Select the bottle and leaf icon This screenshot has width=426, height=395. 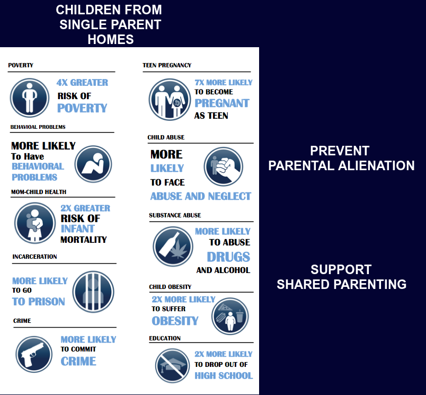pos(173,247)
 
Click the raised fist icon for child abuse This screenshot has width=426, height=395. pos(223,167)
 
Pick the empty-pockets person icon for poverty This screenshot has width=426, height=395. pos(30,97)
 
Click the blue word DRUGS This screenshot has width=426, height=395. pos(228,257)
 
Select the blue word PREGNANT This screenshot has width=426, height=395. pos(222,103)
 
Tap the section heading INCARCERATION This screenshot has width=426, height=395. pos(34,257)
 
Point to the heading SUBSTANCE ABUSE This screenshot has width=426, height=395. pos(175,215)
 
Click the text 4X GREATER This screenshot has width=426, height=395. pos(82,82)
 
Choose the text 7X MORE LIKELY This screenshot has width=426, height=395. pos(224,82)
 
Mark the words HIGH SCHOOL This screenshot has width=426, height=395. pos(224,375)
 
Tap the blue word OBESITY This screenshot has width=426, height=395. pos(175,321)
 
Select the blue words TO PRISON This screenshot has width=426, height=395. pos(39,301)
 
